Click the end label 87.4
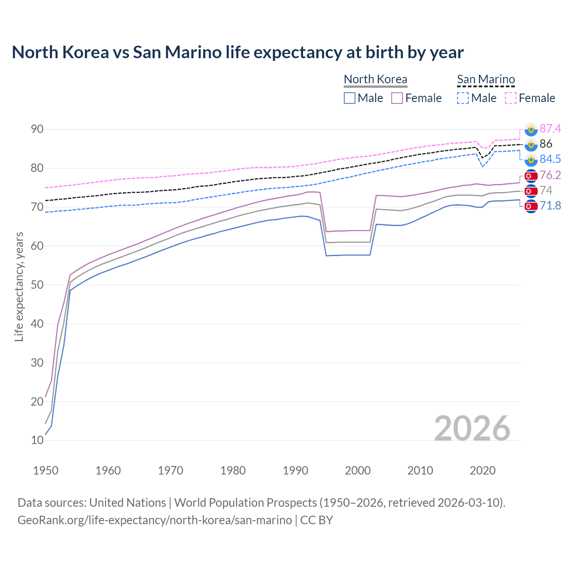(550, 129)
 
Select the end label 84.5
(550, 159)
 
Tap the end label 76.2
(550, 175)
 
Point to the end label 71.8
(550, 206)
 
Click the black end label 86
(546, 144)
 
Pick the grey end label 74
(546, 191)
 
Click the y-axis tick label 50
(37, 285)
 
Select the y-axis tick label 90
(37, 129)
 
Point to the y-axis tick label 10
(37, 440)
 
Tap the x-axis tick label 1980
(233, 471)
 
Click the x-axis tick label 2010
(420, 471)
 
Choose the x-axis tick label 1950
(46, 471)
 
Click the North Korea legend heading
(375, 80)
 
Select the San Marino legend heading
(486, 80)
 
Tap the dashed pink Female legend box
(510, 98)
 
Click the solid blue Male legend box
(350, 98)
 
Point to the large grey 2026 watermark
(472, 429)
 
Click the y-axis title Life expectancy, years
(19, 287)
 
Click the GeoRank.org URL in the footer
(154, 520)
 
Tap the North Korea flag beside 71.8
(531, 206)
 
